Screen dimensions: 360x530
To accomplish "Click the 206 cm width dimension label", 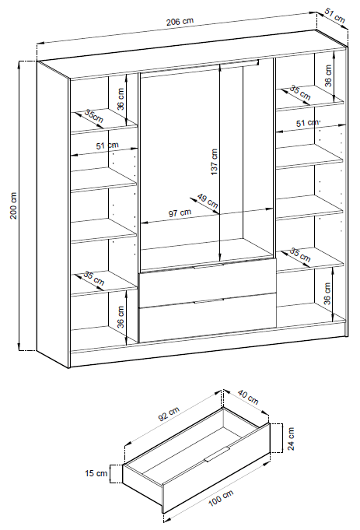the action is click(x=180, y=21).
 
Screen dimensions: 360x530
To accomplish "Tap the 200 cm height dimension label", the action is click(x=13, y=205).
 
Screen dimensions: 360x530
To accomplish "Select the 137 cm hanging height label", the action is click(x=214, y=162).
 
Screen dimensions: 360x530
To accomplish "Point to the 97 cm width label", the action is click(x=180, y=212).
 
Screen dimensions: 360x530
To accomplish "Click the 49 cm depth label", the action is click(x=208, y=201).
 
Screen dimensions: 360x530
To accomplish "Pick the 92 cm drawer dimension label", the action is click(x=169, y=414).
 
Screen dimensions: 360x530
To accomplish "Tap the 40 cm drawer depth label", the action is click(x=248, y=397).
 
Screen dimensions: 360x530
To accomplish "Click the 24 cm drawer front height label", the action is click(x=291, y=439).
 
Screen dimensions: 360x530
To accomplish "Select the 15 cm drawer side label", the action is click(x=96, y=473).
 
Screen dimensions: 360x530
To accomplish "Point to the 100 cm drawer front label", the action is click(x=221, y=498).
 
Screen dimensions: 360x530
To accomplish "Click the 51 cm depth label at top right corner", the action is click(x=335, y=16).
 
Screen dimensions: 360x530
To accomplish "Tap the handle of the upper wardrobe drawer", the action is click(x=208, y=266).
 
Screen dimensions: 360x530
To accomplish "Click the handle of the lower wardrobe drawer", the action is click(x=208, y=301).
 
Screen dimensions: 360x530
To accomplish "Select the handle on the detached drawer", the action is click(x=217, y=454).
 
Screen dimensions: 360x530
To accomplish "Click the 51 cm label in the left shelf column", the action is click(x=107, y=146).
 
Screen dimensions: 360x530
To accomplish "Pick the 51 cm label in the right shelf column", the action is click(x=308, y=123).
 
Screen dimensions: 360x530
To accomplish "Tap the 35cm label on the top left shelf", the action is click(x=94, y=116).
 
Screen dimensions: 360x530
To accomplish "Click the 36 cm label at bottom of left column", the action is click(x=121, y=317).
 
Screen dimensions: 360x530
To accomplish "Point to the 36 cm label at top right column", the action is click(x=328, y=75).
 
